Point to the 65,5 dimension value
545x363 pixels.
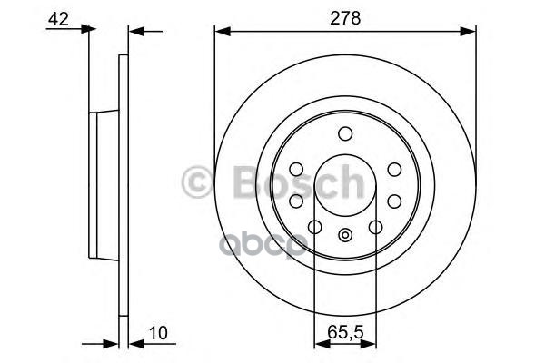344,332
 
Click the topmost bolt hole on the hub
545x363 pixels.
345,135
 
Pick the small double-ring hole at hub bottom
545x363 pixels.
345,237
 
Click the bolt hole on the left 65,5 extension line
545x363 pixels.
314,227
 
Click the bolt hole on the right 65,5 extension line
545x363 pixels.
375,227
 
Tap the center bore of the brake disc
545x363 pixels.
345,186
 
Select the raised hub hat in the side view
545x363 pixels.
101,186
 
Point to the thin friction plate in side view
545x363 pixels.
123,186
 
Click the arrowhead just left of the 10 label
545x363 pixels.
134,344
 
